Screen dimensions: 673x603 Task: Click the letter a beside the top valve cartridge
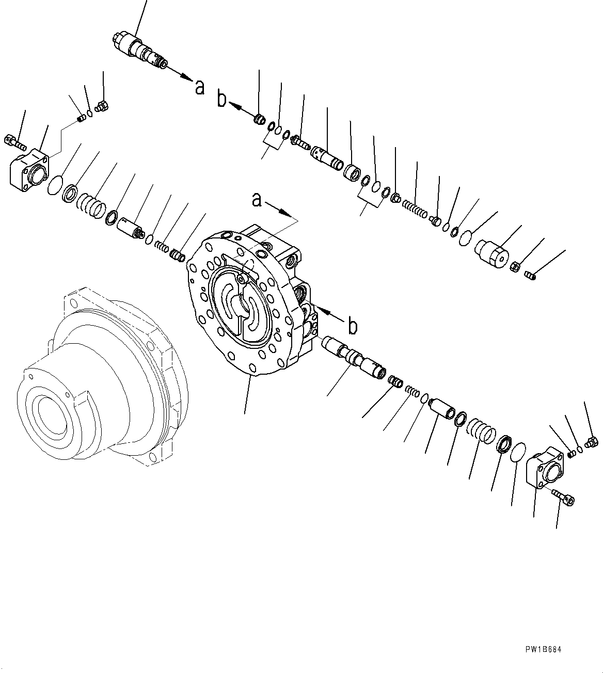click(200, 87)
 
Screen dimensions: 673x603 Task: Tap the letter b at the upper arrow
click(222, 99)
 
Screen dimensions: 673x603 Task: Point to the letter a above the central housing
click(257, 199)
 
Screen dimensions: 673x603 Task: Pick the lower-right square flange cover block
click(545, 469)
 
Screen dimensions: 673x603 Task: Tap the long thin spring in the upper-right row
click(414, 208)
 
